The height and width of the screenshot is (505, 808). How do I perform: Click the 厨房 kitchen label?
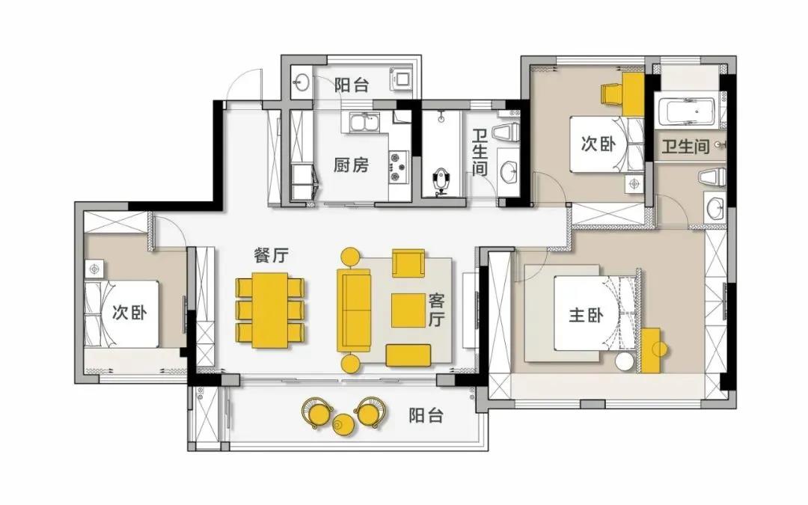(351, 165)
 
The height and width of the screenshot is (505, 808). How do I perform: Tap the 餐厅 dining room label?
(271, 255)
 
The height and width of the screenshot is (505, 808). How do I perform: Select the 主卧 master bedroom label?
(586, 315)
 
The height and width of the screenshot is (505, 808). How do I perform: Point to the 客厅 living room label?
(436, 310)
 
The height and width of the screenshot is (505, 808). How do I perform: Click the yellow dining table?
(270, 310)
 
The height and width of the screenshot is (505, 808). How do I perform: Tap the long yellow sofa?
(354, 310)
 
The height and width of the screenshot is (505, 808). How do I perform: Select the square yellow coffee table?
(408, 310)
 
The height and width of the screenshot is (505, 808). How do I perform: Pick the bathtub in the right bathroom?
(688, 111)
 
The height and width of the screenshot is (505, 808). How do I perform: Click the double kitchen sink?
(364, 123)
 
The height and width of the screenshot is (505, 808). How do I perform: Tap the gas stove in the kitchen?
(398, 166)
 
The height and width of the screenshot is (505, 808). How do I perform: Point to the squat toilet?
(441, 181)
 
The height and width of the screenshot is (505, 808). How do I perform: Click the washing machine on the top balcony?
(402, 79)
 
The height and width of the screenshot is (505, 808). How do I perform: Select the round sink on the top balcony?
(301, 82)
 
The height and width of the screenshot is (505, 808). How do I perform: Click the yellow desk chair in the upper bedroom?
(612, 94)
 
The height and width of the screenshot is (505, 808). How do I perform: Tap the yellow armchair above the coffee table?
(408, 263)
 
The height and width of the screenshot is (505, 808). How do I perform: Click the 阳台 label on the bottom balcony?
(426, 415)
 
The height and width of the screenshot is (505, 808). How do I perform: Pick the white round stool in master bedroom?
(624, 361)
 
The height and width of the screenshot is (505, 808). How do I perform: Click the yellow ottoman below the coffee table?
(408, 355)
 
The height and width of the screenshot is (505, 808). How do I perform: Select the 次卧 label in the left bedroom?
(129, 312)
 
